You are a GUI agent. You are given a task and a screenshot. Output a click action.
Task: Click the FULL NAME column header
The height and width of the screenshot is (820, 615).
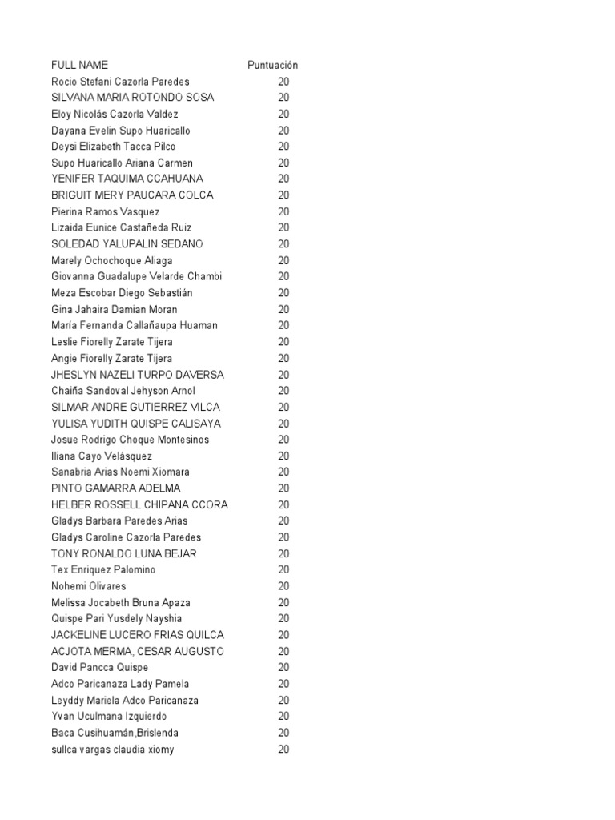[79, 65]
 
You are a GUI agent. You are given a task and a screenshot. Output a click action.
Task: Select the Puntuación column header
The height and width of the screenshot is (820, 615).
[272, 65]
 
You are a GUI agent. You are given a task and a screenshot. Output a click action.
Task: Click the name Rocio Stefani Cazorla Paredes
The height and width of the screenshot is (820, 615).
[120, 82]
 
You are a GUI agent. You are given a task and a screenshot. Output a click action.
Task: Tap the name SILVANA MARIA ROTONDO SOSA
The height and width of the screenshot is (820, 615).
[132, 98]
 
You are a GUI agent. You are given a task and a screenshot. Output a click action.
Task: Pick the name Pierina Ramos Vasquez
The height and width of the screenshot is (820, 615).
[105, 211]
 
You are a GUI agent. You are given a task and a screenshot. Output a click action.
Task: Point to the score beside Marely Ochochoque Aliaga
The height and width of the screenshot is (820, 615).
[283, 260]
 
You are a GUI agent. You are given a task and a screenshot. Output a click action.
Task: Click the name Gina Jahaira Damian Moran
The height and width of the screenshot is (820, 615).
[114, 309]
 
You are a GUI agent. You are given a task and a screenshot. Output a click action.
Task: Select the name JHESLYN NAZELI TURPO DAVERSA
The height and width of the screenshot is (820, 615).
[137, 375]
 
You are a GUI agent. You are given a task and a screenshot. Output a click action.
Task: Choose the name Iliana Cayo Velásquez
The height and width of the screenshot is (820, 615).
[101, 456]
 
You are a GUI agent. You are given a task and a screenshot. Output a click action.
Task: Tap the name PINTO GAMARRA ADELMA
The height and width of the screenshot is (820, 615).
[115, 488]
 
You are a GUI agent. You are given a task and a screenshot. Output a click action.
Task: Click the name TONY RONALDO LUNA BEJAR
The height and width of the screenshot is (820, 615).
[123, 553]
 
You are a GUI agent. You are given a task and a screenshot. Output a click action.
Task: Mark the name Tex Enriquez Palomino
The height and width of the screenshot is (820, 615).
[103, 569]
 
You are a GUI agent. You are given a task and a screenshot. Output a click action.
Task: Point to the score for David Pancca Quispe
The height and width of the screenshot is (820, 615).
[283, 667]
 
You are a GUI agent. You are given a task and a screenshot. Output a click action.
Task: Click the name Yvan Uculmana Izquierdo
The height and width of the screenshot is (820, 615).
[109, 716]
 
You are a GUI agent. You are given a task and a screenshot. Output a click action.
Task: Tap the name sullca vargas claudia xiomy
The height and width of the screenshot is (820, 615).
[112, 749]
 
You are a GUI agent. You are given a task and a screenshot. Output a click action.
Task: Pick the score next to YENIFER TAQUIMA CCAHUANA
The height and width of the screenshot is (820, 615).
[283, 179]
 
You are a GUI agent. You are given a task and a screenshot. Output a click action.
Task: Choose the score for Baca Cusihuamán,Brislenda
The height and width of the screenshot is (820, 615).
[283, 733]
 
